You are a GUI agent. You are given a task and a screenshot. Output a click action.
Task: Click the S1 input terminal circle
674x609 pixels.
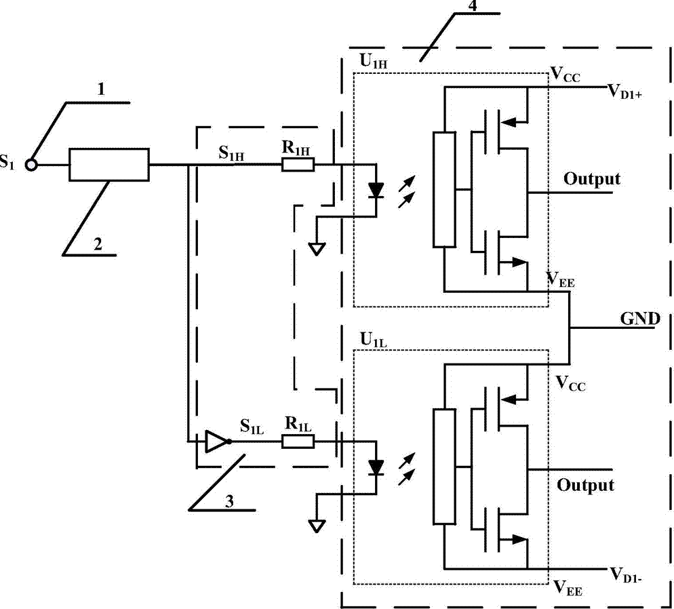[x=31, y=165]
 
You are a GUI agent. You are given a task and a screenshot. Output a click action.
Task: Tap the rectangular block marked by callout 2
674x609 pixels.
[x=109, y=165]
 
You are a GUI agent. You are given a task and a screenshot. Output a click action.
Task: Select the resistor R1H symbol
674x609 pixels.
[x=298, y=165]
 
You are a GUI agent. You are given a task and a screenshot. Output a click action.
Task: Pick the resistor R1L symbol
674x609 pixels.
[x=298, y=441]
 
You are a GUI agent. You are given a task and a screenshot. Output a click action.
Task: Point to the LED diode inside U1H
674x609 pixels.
[x=376, y=190]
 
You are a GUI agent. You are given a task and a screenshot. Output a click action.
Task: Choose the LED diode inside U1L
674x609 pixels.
[x=376, y=467]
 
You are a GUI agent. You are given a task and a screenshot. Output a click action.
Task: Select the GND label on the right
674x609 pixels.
[x=639, y=319]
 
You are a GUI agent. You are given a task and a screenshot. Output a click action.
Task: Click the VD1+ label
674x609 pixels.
[x=625, y=92]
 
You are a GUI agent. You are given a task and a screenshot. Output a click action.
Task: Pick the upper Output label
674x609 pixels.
[x=592, y=178]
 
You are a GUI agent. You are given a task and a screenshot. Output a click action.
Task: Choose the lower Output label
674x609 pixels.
[x=585, y=485]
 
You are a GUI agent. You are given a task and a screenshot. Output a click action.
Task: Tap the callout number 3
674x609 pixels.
[x=230, y=501]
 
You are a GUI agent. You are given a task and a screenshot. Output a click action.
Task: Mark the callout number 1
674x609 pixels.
[x=101, y=90]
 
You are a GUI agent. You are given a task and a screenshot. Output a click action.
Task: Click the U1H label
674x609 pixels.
[x=374, y=62]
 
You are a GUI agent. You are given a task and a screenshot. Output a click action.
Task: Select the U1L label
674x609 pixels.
[x=374, y=340]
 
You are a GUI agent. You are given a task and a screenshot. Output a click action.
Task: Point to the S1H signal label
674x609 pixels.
[x=231, y=153]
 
